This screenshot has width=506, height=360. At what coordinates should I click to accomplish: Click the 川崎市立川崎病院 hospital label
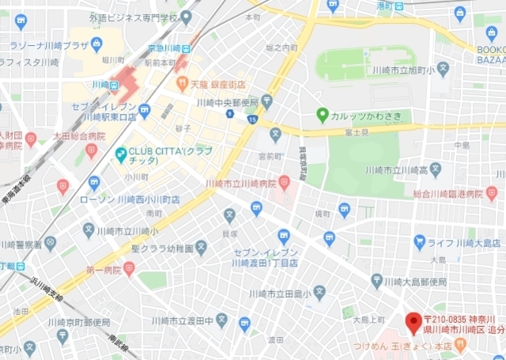pyautogui.click(x=240, y=184)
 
